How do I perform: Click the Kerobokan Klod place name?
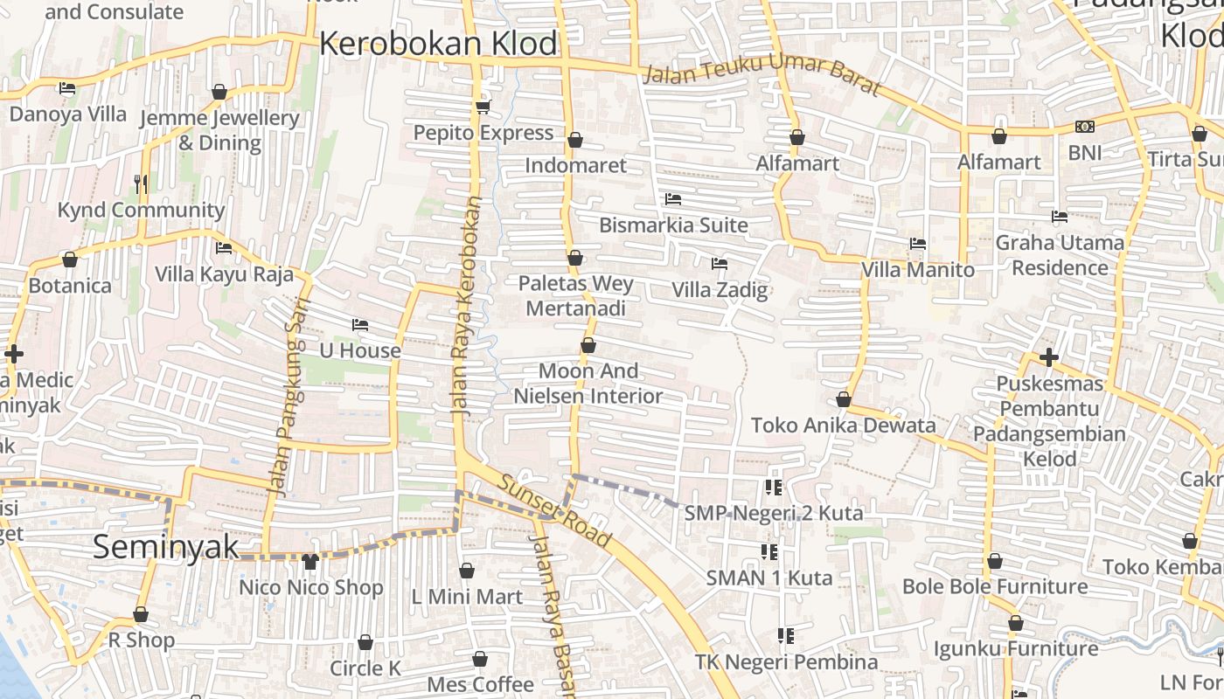tap(438, 44)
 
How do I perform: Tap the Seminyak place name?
tap(165, 547)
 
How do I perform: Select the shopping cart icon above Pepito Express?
tap(483, 107)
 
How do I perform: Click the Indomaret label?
tap(575, 165)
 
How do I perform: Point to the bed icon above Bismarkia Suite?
tap(672, 200)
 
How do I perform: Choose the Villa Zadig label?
tap(720, 290)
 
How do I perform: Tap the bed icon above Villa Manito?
tap(917, 244)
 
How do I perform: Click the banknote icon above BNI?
tap(1085, 127)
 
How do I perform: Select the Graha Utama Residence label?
tap(1060, 254)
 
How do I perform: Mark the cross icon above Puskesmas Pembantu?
tap(1049, 357)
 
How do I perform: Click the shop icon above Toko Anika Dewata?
tap(844, 400)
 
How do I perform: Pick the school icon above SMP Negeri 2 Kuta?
tap(773, 488)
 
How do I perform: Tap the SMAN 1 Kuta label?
tap(769, 578)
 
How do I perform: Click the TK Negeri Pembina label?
tap(786, 662)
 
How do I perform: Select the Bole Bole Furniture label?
tap(995, 586)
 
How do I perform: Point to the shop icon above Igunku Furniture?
tap(1015, 624)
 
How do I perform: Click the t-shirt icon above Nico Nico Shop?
tap(310, 562)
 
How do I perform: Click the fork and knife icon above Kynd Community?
tap(141, 183)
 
